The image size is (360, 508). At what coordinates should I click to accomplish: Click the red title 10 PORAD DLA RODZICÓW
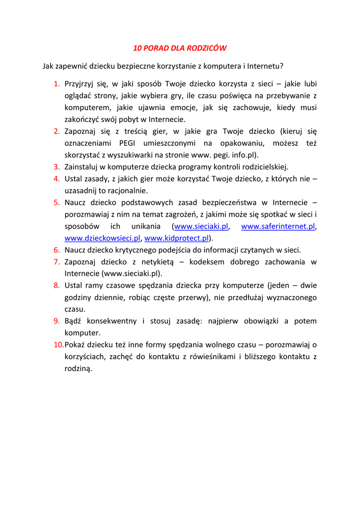click(x=180, y=48)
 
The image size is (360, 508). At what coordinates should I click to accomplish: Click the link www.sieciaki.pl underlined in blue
click(x=202, y=226)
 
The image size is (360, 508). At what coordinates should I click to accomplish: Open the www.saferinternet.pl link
click(x=278, y=226)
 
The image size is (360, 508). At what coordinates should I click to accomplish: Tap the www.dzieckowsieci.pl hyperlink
click(x=103, y=238)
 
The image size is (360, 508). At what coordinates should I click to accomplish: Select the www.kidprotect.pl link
click(x=176, y=238)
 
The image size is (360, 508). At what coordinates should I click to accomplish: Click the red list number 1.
click(x=57, y=84)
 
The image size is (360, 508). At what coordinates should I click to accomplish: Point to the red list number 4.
click(x=57, y=179)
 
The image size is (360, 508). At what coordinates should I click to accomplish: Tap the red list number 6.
click(x=57, y=250)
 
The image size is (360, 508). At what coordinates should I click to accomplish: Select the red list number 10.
click(x=59, y=345)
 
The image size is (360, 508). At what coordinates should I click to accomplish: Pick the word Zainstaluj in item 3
click(x=82, y=167)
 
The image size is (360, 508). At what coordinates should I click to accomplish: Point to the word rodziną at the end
click(x=78, y=369)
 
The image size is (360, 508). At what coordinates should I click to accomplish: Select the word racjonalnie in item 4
click(x=128, y=190)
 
